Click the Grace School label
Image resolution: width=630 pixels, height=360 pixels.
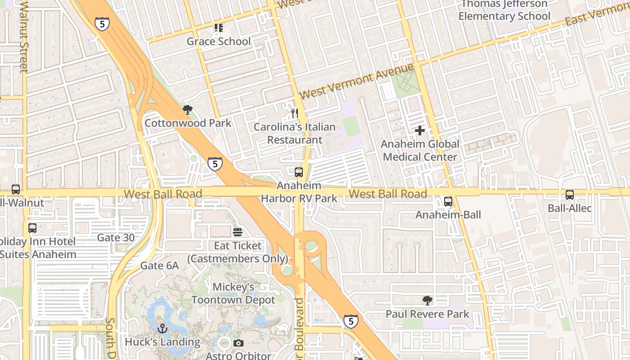218,41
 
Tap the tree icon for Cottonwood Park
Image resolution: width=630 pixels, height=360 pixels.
187,109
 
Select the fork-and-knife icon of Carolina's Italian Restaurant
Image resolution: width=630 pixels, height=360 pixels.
294,113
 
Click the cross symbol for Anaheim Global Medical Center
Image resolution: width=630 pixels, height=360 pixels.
420,130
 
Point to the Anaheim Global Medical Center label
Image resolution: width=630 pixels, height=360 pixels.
420,150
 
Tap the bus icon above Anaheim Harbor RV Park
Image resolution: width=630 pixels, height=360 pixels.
299,172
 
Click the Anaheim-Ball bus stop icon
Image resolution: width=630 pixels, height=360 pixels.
448,201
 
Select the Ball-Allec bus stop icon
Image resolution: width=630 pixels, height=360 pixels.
569,195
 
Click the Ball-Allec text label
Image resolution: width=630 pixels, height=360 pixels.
569,208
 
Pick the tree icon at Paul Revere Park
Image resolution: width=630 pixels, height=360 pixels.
427,300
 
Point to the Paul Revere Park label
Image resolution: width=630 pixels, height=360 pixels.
427,314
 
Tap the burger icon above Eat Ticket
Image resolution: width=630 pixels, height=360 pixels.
237,232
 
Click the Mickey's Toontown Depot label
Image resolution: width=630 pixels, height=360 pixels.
233,293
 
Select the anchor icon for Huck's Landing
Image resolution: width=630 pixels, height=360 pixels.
162,328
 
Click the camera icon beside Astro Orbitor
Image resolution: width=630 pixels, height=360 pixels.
238,343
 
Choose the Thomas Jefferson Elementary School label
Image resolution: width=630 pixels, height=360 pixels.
504,10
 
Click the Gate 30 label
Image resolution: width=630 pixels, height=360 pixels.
115,238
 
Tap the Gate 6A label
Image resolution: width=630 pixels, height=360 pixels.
159,265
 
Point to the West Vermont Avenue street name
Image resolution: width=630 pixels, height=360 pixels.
356,81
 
